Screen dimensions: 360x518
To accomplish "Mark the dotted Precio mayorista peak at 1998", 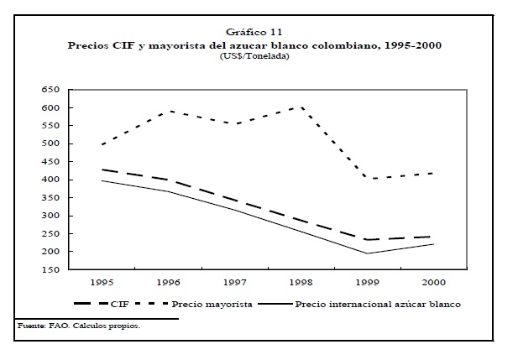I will pyautogui.click(x=301, y=107).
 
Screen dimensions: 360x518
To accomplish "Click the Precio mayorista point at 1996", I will pyautogui.click(x=169, y=111).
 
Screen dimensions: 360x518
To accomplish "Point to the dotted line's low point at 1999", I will pyautogui.click(x=367, y=178).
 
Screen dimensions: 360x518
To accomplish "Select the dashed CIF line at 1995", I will pyautogui.click(x=103, y=170).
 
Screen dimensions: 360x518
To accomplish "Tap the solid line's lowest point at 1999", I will pyautogui.click(x=367, y=253).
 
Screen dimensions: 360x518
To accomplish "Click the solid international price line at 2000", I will pyautogui.click(x=432, y=243).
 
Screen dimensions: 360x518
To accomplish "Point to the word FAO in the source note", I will pyautogui.click(x=50, y=326).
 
